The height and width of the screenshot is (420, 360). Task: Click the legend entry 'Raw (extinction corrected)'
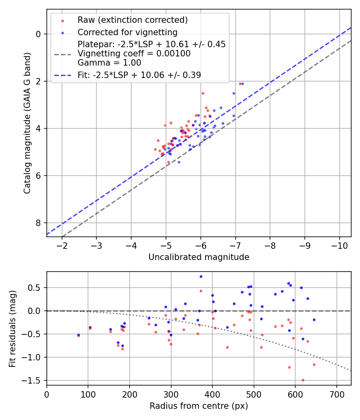click(x=132, y=20)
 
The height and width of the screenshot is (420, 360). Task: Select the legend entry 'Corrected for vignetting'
click(x=128, y=32)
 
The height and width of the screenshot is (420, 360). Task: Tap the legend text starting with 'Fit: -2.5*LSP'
click(x=139, y=75)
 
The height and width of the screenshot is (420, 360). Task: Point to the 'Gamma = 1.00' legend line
click(x=109, y=62)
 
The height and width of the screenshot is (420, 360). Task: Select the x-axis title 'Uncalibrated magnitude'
click(x=199, y=257)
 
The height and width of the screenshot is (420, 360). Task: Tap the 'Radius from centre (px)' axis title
click(x=199, y=406)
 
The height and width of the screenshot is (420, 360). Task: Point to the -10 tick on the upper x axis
click(x=340, y=245)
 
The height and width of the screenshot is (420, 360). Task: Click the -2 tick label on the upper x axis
click(x=62, y=245)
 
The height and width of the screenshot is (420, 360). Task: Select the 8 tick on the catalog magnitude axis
click(x=39, y=223)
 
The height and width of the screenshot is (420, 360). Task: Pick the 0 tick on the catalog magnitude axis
click(x=39, y=34)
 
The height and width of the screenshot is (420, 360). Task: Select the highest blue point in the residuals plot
click(x=201, y=276)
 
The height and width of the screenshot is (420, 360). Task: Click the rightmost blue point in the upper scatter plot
click(x=242, y=84)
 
